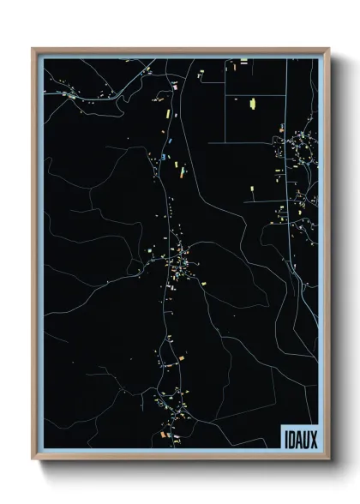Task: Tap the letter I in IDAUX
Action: [284, 437]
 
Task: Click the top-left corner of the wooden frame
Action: [33, 49]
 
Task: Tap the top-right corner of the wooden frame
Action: [328, 49]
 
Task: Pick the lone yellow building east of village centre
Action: [252, 189]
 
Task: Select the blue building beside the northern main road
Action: [161, 157]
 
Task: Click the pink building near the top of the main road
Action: [174, 86]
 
